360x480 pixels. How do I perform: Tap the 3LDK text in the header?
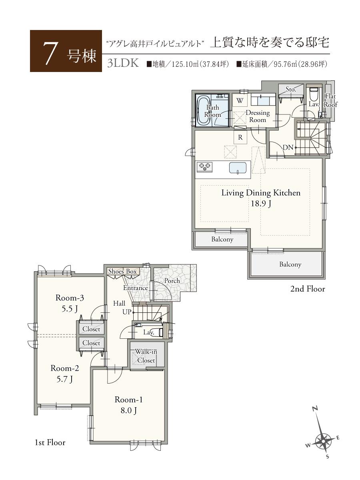[x=123, y=64]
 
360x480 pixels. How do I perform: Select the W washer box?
[x=240, y=100]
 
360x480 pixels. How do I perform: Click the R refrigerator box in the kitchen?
[x=240, y=137]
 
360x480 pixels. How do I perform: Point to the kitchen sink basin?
[x=238, y=168]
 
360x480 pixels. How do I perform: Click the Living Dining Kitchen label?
[x=261, y=193]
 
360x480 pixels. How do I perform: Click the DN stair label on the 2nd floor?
[x=288, y=148]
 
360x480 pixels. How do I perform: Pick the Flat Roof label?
[x=331, y=100]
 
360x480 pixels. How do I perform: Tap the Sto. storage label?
[x=291, y=90]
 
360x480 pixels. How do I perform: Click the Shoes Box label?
[x=122, y=272]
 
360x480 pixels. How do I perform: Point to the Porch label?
[x=172, y=281]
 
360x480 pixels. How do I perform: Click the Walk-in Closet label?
[x=146, y=356]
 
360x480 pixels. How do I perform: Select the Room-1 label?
[x=128, y=400]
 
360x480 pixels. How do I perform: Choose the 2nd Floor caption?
[x=308, y=289]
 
